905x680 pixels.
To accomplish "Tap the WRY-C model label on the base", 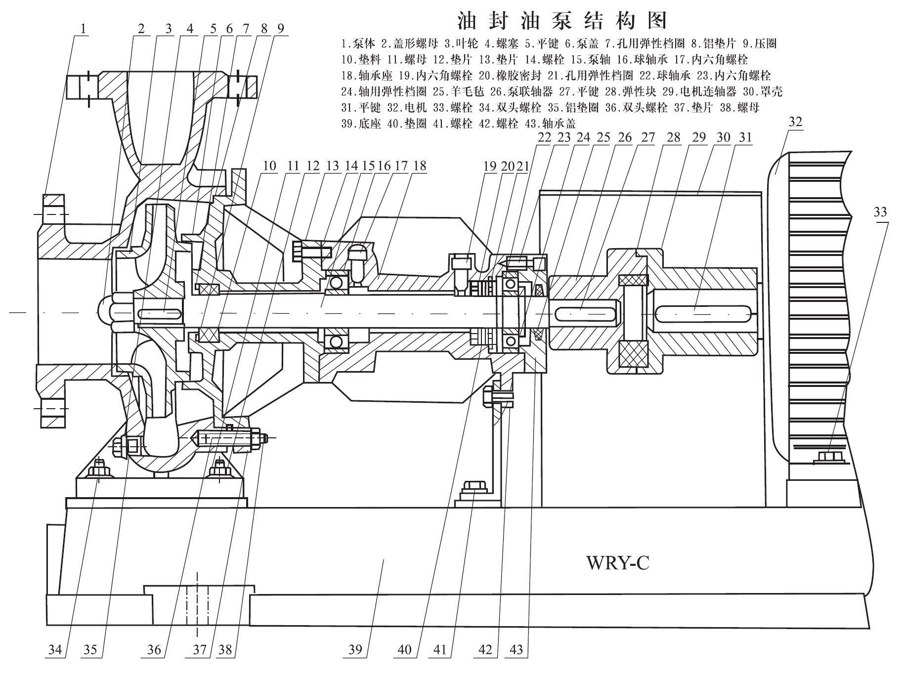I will pyautogui.click(x=617, y=563).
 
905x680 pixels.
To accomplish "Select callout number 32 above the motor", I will pyautogui.click(x=795, y=122).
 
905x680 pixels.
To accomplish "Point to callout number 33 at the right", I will pyautogui.click(x=880, y=212).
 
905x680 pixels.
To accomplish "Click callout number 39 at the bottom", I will pyautogui.click(x=355, y=649).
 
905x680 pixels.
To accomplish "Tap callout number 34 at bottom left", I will pyautogui.click(x=55, y=649).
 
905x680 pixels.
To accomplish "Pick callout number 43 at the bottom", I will pyautogui.click(x=516, y=649).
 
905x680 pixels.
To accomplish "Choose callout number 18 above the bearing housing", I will pyautogui.click(x=419, y=166).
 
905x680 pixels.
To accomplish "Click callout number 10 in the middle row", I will pyautogui.click(x=269, y=166).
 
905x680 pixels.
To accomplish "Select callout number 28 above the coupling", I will pyautogui.click(x=674, y=137).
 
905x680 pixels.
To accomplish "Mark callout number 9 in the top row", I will pyautogui.click(x=280, y=29).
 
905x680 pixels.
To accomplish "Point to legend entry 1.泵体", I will pyautogui.click(x=359, y=44).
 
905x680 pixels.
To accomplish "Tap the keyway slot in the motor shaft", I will pyautogui.click(x=694, y=311).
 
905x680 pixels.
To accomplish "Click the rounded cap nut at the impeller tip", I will pyautogui.click(x=105, y=312).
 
